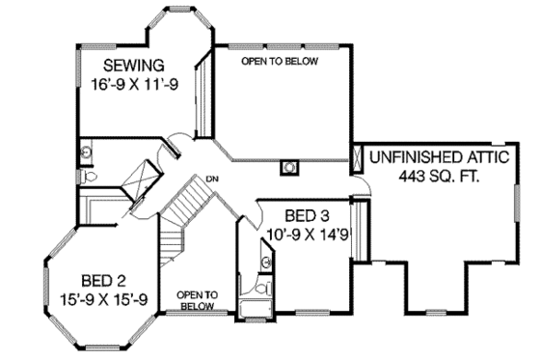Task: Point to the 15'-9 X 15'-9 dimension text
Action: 99,299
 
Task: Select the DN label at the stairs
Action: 208,178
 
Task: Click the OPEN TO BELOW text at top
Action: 279,61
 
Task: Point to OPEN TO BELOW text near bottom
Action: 197,299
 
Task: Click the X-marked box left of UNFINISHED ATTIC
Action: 355,156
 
